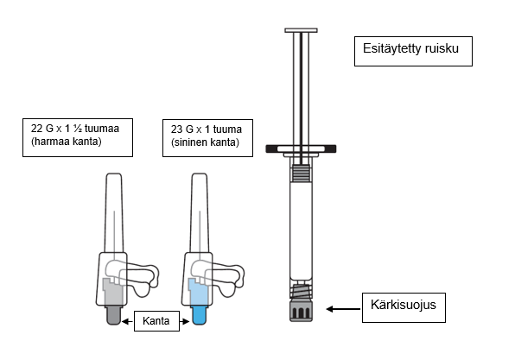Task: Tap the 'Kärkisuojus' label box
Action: coord(404,307)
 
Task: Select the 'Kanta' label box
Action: coord(156,321)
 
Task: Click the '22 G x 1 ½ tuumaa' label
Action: coord(75,129)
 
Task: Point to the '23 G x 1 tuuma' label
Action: coord(207,129)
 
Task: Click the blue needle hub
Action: coord(199,315)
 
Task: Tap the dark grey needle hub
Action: coord(114,315)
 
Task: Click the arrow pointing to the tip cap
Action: coord(343,309)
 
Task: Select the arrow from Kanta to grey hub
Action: coord(127,322)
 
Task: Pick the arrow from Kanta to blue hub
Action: coord(185,322)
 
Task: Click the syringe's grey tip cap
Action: coord(301,310)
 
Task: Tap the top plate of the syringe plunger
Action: coord(301,30)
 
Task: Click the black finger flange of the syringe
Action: coord(301,149)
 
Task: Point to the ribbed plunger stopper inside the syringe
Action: coord(301,174)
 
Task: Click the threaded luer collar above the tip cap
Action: coord(301,291)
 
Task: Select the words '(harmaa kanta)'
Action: coord(67,142)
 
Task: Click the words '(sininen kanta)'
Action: coord(205,142)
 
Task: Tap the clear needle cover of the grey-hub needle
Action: coord(114,212)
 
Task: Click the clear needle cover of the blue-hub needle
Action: coord(200,212)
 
